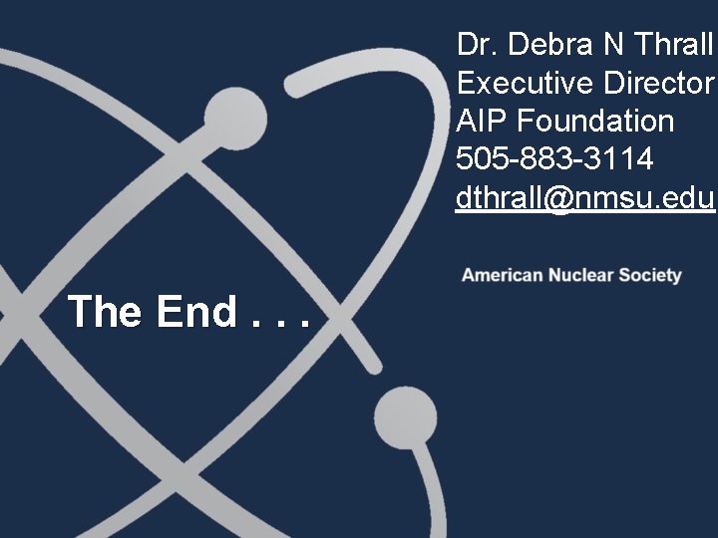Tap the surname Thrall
(x=674, y=44)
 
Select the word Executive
(x=519, y=83)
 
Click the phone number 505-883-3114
(x=555, y=159)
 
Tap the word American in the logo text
(x=501, y=275)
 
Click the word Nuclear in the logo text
(x=579, y=275)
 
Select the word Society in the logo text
(x=650, y=275)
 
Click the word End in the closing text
(x=193, y=312)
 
